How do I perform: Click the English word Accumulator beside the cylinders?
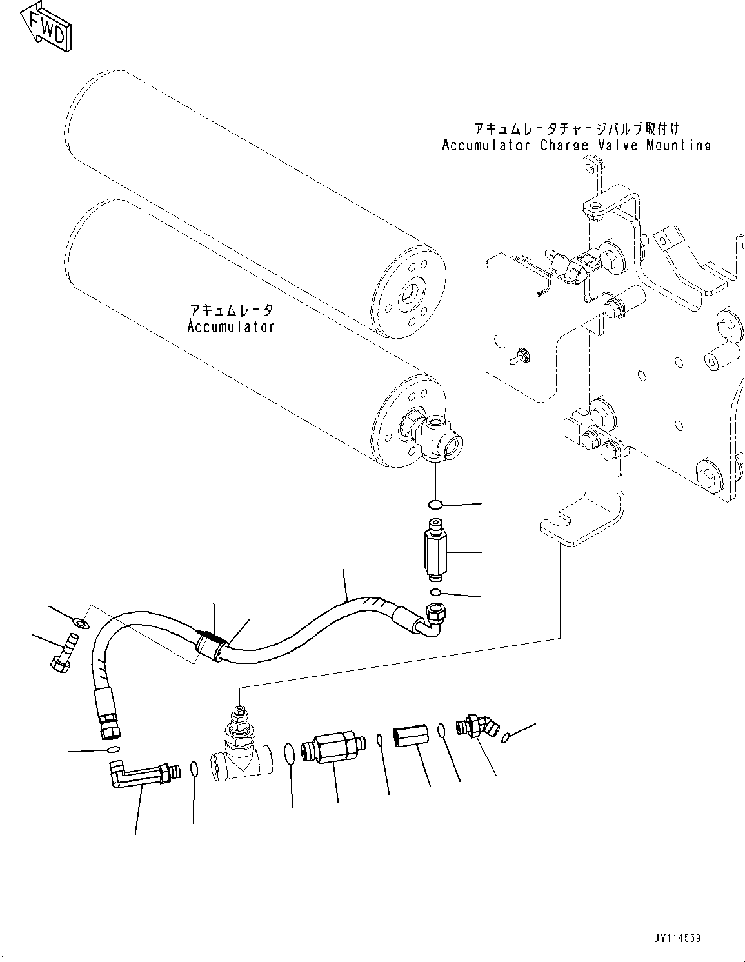tap(231, 327)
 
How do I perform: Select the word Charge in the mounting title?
tap(564, 145)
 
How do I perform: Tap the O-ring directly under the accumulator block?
tap(436, 503)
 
